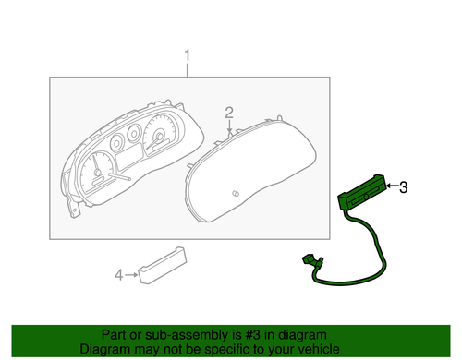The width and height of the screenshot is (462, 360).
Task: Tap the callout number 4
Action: coord(117,274)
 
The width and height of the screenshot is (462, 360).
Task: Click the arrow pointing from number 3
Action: coord(396,188)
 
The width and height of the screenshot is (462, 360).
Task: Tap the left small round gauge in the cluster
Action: coord(118,144)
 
